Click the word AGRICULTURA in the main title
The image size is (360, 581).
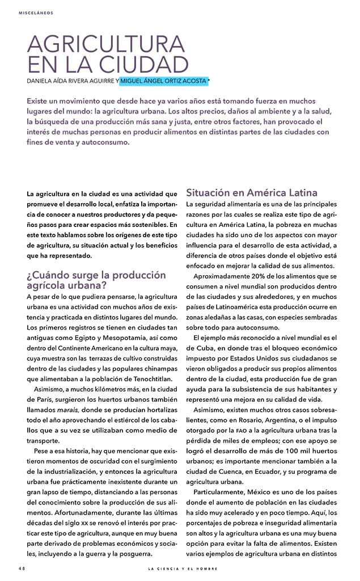tap(106, 45)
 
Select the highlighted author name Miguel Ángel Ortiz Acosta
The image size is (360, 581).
tap(163, 82)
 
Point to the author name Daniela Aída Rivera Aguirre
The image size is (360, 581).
tap(70, 82)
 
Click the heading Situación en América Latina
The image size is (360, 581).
tap(251, 192)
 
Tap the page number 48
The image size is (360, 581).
tap(22, 568)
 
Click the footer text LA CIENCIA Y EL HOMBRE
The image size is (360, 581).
tap(183, 568)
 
